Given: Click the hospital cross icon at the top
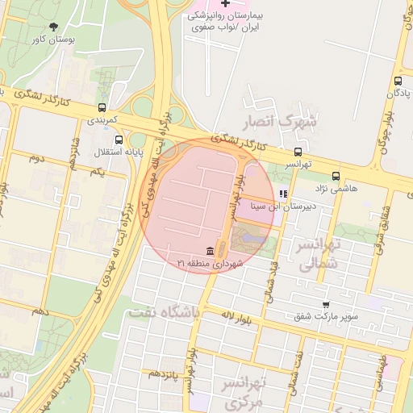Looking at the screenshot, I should coord(225,4).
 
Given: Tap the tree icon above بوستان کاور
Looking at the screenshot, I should coord(53,27).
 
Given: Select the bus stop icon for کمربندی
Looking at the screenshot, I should coord(102,107).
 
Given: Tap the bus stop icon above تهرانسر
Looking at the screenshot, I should coord(298,152).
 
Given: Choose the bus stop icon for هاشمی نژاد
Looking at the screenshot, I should coord(336,176).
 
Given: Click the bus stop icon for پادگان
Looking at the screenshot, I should coord(398,81).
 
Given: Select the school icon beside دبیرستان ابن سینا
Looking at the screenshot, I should coord(282,194).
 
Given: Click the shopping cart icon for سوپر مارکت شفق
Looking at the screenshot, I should coord(326,304).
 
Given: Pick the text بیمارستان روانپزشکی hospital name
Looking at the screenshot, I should coord(229,16).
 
